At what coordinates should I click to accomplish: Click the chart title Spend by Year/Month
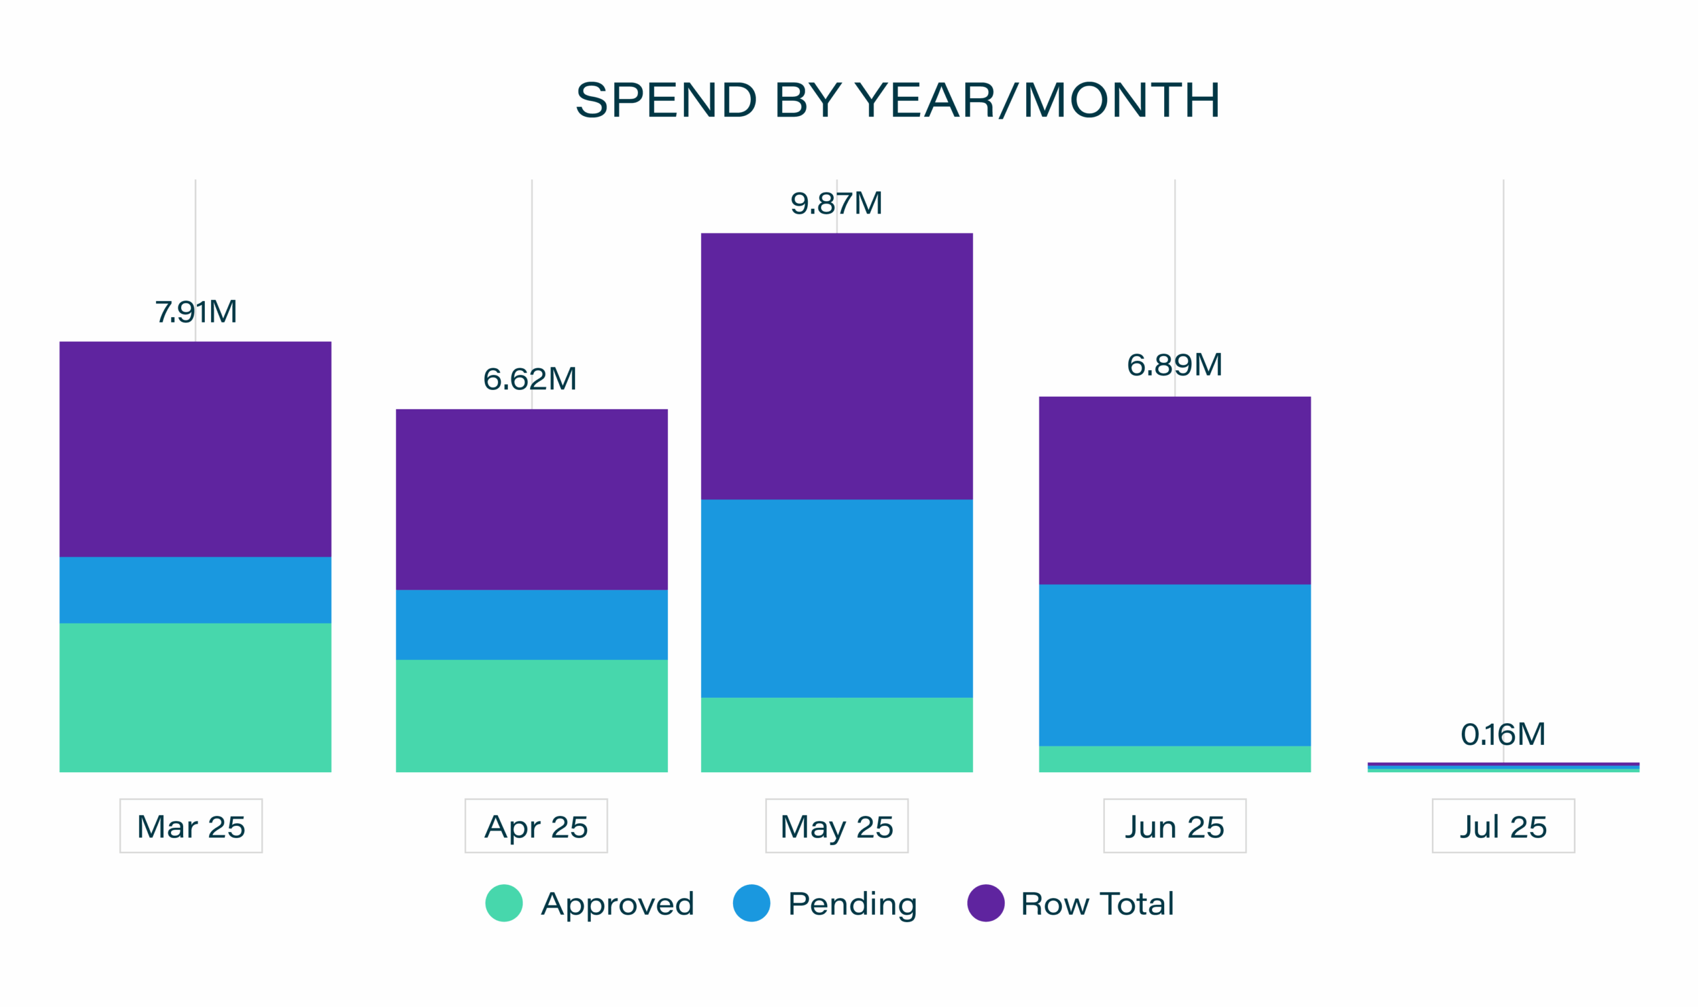click(897, 100)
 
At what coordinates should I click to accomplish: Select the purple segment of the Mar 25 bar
click(196, 449)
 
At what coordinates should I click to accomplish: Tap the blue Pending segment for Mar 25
click(196, 590)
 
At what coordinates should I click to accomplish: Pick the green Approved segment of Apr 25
click(531, 715)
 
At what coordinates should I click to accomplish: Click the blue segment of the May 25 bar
click(836, 598)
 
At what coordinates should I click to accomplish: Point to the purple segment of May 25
click(836, 366)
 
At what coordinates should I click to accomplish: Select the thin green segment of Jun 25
click(1174, 759)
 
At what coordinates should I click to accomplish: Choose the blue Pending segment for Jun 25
click(1174, 665)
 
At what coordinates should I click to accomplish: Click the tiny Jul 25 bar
click(1502, 767)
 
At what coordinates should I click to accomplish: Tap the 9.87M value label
click(836, 204)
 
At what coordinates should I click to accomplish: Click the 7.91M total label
click(196, 312)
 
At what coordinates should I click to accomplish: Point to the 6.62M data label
click(530, 379)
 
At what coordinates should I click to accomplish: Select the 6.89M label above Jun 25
click(1174, 365)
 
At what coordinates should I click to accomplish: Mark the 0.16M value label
click(1502, 734)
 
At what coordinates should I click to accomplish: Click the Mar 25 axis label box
click(190, 826)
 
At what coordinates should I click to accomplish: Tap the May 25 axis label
click(836, 826)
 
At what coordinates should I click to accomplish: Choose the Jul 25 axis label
click(1502, 826)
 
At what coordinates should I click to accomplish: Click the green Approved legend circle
click(504, 903)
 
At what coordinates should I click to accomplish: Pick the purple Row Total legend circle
click(985, 903)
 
